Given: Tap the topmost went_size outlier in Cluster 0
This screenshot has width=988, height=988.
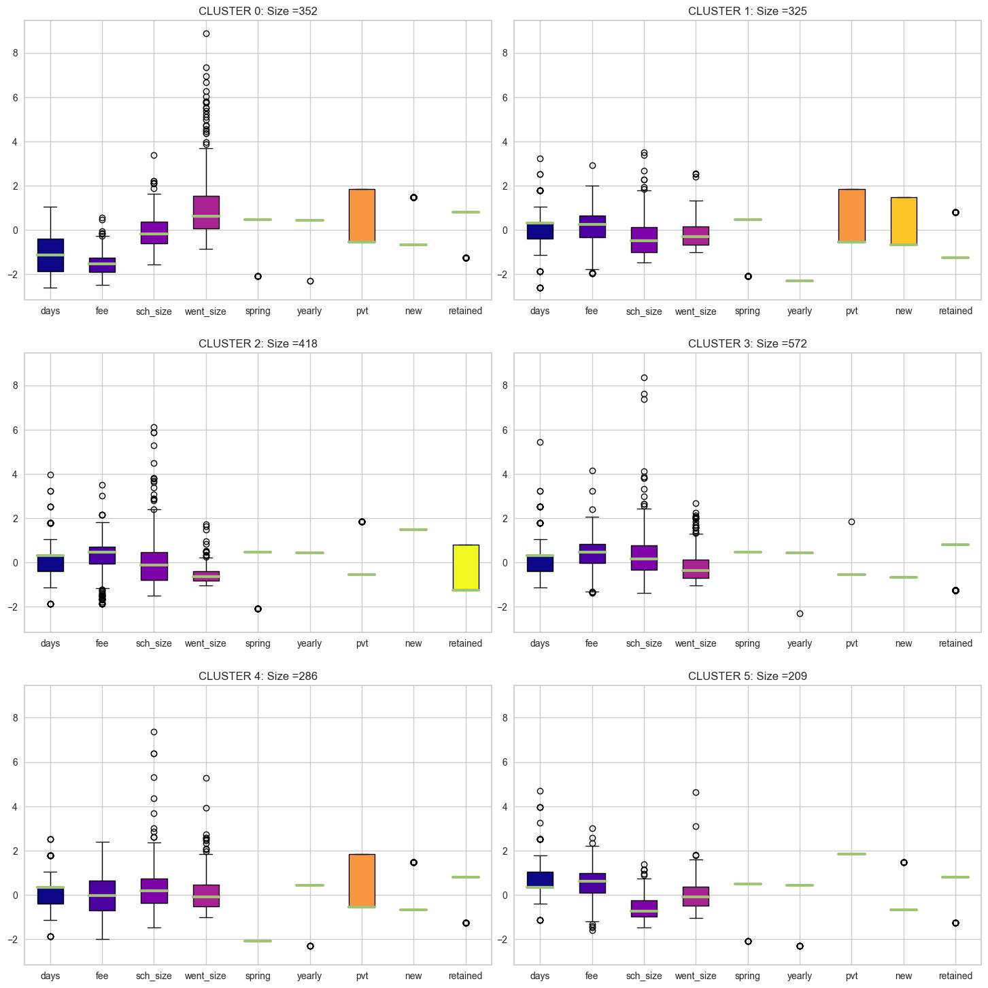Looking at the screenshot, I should (x=206, y=33).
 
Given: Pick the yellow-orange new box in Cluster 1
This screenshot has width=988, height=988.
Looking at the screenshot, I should (x=904, y=220).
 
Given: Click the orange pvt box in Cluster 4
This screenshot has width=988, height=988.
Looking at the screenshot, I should (x=362, y=880).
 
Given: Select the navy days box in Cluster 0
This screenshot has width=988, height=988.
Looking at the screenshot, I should (x=50, y=255).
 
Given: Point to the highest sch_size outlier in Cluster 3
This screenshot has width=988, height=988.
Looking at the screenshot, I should (x=644, y=377).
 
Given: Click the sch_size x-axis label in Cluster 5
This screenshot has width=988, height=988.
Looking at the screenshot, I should (x=644, y=976).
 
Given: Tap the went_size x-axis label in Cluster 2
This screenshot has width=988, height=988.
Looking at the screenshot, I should (x=205, y=643).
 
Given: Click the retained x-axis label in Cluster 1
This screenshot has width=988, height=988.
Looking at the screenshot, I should (x=955, y=311).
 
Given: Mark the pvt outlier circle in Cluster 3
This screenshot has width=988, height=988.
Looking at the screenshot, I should (x=851, y=522).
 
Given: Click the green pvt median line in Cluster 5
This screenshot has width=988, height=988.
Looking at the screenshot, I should (x=851, y=853).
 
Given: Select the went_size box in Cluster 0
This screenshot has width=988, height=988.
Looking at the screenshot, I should (x=206, y=212).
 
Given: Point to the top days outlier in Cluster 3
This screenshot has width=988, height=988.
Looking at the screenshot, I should (x=540, y=442).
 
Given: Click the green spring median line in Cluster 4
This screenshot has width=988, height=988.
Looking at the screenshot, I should (x=258, y=940).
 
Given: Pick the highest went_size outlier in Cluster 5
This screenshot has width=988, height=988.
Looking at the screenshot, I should (x=696, y=792).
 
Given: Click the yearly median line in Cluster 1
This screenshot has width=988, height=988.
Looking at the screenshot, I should (x=800, y=281).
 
